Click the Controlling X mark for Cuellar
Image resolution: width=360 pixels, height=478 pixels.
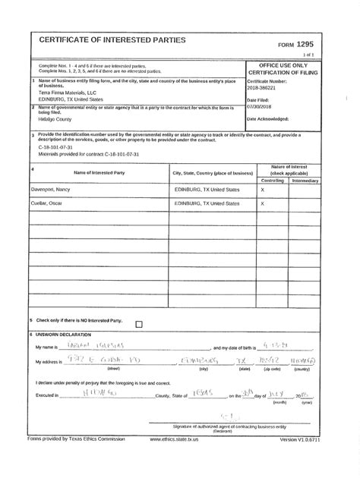pos(263,204)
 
